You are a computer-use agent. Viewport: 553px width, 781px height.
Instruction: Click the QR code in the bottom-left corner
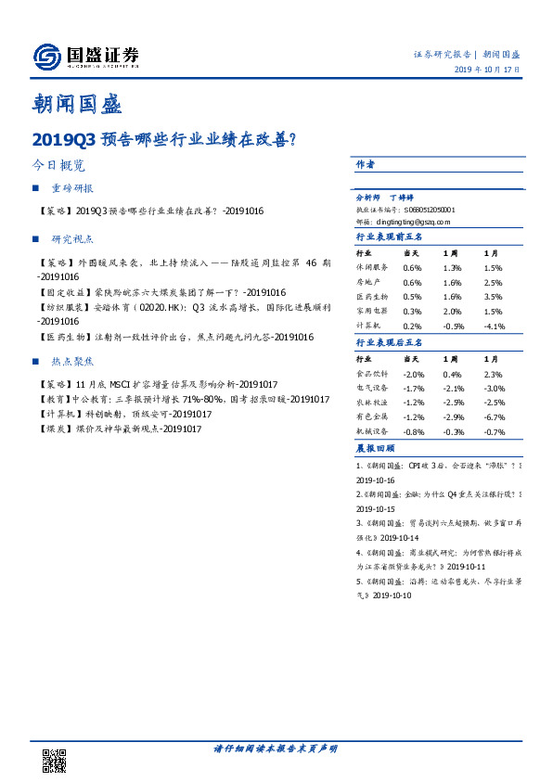click(55, 760)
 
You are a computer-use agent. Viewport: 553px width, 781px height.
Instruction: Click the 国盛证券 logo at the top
click(85, 57)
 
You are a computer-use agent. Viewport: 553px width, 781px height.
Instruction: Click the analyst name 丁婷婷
click(402, 198)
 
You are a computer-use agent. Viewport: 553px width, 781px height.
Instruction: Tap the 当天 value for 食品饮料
click(412, 374)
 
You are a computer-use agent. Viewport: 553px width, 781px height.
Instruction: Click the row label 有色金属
click(372, 417)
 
